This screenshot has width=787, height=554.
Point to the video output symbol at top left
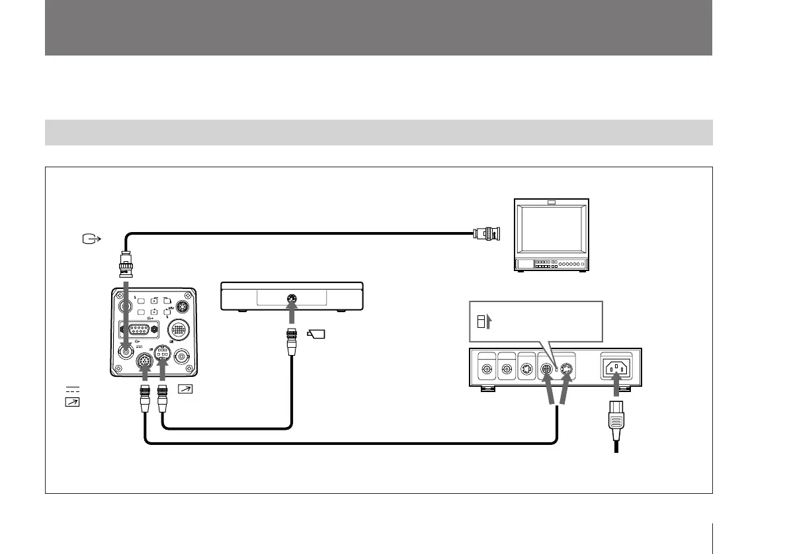point(89,238)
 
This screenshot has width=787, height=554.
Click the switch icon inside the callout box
point(482,322)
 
